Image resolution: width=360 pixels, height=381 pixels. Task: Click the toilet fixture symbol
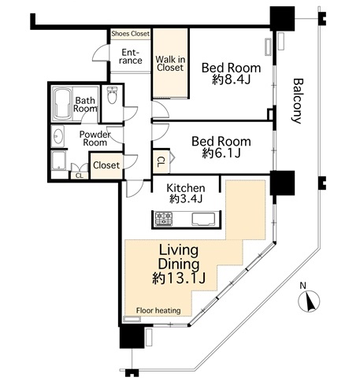[112, 94]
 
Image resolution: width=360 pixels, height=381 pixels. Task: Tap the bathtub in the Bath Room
[62, 104]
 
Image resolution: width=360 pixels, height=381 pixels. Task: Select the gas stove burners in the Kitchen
[164, 219]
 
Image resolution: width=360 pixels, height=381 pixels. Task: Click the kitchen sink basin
[203, 219]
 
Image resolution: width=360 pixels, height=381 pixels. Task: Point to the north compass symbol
[310, 301]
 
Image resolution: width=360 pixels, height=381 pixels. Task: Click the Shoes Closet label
[131, 34]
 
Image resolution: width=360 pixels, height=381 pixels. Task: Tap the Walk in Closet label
[170, 64]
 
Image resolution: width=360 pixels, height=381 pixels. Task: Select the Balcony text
[298, 101]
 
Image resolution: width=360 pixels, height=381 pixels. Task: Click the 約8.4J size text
[231, 80]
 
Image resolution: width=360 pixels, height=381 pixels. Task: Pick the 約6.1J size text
[221, 154]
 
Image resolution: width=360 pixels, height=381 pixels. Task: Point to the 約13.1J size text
[179, 278]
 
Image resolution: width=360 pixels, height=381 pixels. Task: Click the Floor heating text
[158, 311]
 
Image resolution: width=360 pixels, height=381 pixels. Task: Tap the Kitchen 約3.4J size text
[186, 199]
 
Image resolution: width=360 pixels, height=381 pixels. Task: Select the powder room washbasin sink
[58, 136]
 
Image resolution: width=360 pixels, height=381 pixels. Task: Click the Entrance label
[131, 57]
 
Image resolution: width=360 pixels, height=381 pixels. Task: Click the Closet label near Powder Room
[106, 165]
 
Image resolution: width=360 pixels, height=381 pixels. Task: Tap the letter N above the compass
[303, 285]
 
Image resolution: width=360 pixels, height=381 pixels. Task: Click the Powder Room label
[95, 139]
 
